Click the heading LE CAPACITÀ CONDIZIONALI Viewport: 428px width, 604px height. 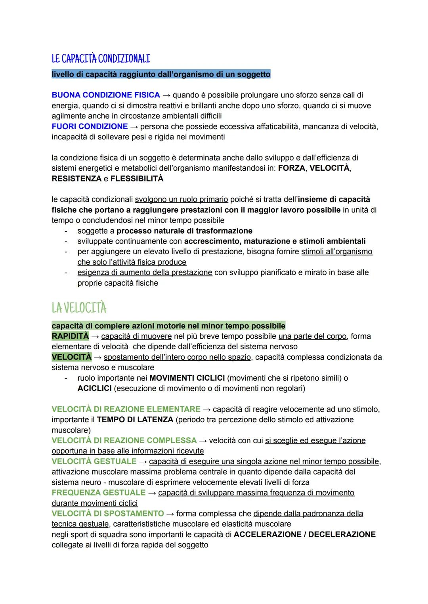click(101, 59)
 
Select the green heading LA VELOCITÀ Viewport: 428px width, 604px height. click(79, 308)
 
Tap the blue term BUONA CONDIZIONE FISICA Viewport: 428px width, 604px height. click(105, 95)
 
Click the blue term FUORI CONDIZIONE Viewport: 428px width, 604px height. click(90, 126)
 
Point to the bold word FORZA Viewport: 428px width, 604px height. click(291, 168)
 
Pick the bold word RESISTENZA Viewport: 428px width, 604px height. click(76, 179)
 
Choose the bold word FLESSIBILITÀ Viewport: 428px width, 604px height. click(137, 179)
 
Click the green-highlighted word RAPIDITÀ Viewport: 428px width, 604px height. click(70, 336)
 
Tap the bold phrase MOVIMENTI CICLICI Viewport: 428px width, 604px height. click(187, 378)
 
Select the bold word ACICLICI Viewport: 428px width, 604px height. click(94, 388)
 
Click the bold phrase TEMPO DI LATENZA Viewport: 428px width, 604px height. click(135, 419)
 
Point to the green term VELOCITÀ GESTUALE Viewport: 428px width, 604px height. click(94, 461)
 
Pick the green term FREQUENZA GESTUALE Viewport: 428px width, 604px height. click(98, 493)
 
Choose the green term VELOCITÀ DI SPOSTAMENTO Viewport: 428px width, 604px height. click(107, 514)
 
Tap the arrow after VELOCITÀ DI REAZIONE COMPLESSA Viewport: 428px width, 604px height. click(203, 440)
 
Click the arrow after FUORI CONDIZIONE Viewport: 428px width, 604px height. click(134, 127)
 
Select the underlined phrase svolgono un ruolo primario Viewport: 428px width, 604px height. click(182, 199)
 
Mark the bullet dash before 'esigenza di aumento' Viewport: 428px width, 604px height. click(66, 272)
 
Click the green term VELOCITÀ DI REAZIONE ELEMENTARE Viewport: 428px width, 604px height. click(126, 409)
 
